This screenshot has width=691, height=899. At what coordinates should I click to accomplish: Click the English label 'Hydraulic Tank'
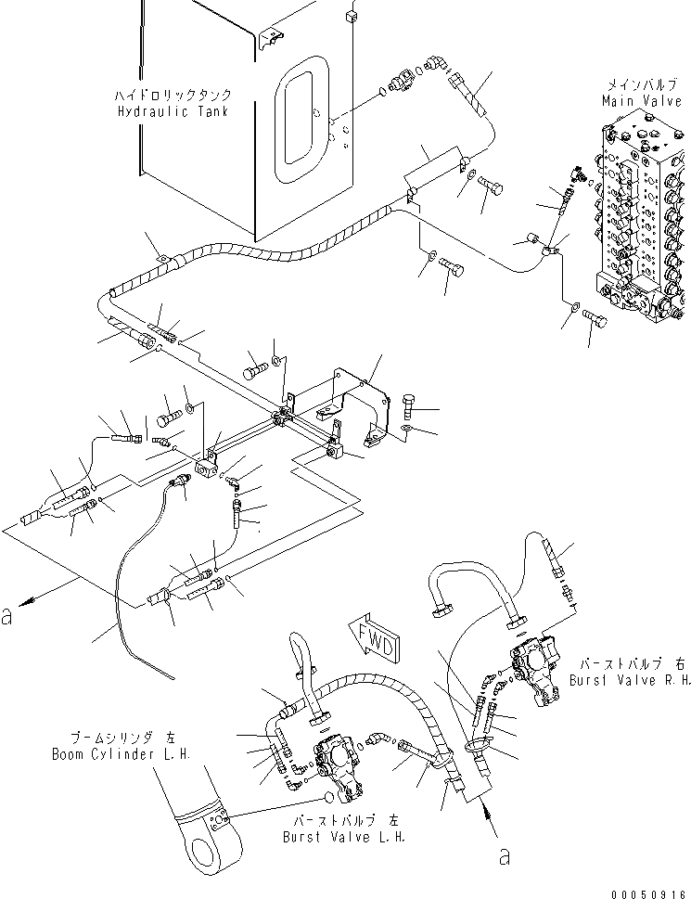(173, 111)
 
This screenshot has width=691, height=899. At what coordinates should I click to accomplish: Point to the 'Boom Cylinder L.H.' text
(122, 755)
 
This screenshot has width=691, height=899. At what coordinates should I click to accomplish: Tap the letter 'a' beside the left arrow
(10, 615)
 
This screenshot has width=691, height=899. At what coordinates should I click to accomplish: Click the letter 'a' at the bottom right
(504, 855)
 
